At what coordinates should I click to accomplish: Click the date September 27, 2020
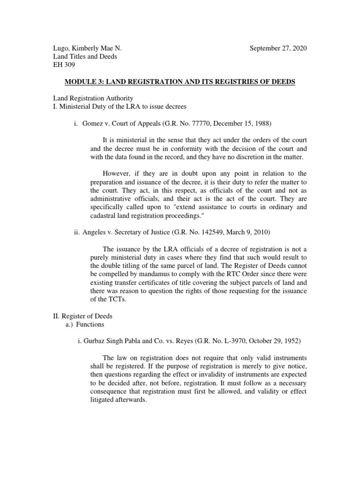278,49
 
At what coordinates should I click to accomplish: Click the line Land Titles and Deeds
84,57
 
